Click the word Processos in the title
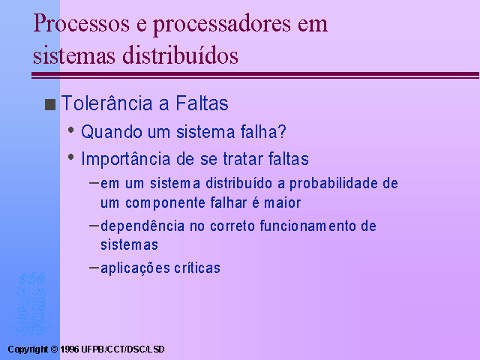[82, 23]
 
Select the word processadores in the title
[222, 25]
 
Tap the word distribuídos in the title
[180, 55]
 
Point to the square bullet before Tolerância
[50, 104]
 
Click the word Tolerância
[106, 103]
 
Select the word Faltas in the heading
[202, 103]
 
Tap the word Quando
[112, 132]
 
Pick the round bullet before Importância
[71, 157]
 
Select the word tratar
[243, 159]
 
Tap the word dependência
[142, 226]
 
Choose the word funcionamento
[308, 226]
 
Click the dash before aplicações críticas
[94, 268]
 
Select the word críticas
[197, 268]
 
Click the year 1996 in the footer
[70, 349]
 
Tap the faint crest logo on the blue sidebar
[30, 304]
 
